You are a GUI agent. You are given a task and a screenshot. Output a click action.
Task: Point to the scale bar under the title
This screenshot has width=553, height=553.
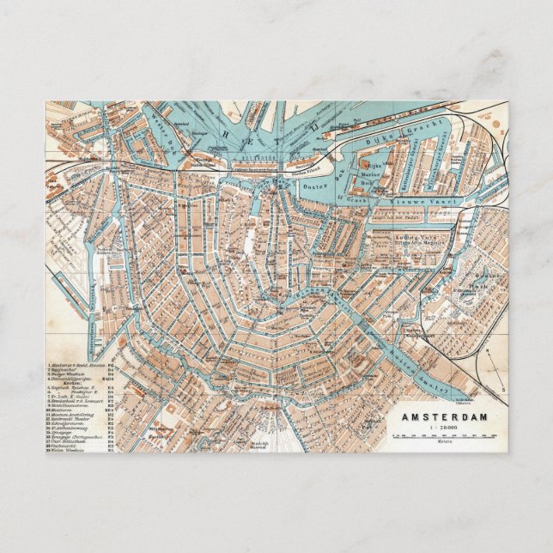click(x=444, y=435)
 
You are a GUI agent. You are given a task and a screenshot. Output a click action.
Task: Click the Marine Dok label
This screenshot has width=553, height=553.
click(x=368, y=176)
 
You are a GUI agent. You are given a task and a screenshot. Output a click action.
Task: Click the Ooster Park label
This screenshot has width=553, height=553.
click(x=477, y=279)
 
